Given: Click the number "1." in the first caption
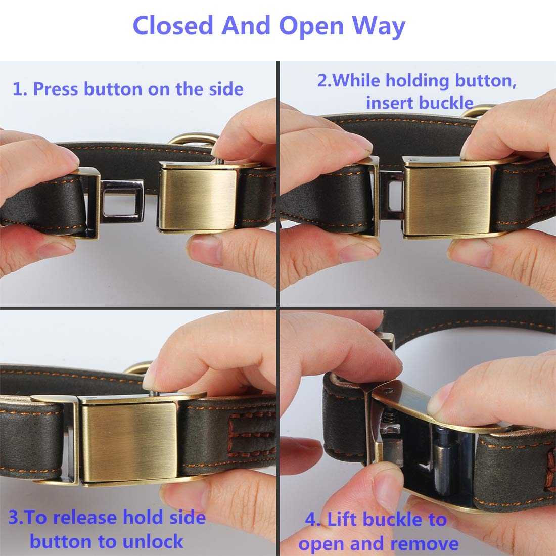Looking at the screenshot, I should pos(20,89).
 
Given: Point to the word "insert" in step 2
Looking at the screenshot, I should pos(390,103).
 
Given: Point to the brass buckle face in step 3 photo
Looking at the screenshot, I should pos(129,436).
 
